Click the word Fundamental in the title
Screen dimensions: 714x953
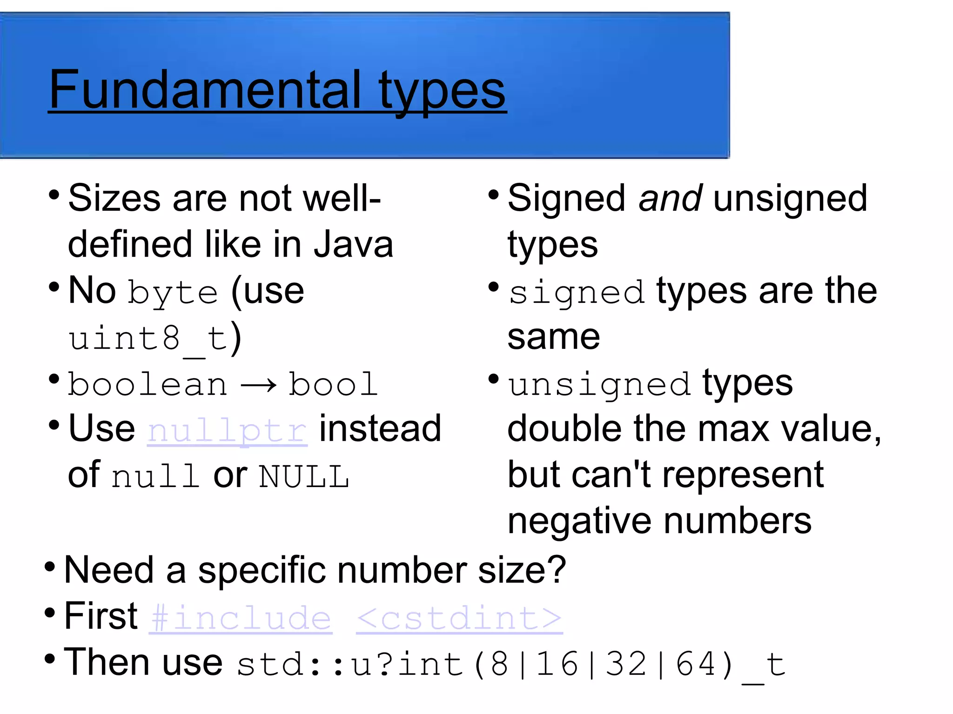click(205, 89)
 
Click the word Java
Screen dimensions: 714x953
click(353, 245)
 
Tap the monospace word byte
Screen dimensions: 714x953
click(173, 293)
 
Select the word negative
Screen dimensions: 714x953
click(580, 521)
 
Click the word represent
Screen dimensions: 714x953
click(743, 475)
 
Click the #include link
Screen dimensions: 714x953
click(241, 618)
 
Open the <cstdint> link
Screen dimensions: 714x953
click(459, 618)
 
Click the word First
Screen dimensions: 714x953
click(101, 616)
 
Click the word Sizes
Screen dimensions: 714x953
click(114, 199)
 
